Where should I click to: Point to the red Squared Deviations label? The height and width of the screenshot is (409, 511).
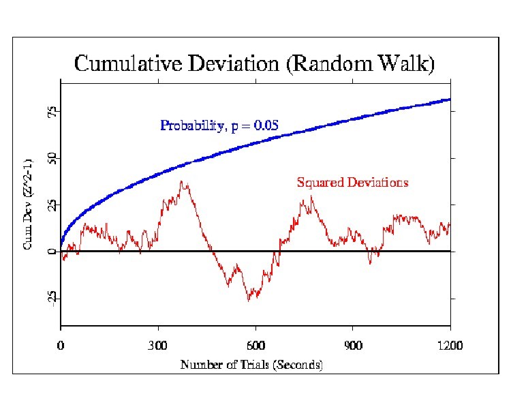(352, 182)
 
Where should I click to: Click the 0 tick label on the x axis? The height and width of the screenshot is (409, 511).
(61, 345)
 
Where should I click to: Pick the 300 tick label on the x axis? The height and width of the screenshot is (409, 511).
(158, 345)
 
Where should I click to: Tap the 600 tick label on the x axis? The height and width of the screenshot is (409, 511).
(255, 345)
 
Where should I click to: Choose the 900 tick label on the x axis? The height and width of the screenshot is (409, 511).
(353, 345)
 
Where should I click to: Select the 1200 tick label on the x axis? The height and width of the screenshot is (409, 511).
(450, 345)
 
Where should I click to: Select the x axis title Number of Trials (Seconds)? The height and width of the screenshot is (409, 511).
(251, 365)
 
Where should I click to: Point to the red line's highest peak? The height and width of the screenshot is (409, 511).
(181, 181)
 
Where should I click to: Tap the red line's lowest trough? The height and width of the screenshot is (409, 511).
(249, 300)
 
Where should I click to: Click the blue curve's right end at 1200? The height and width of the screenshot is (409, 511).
(450, 100)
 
